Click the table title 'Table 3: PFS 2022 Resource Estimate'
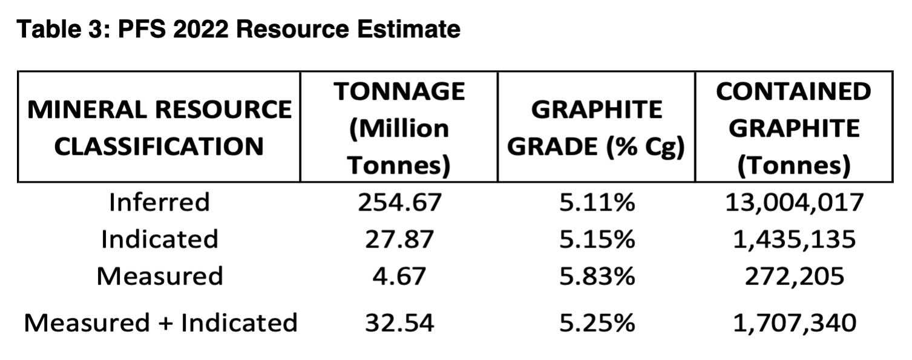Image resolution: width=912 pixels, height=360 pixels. coord(239,29)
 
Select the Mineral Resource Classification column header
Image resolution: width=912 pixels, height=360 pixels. coord(159,128)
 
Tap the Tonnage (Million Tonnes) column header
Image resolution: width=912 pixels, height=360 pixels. coord(399,128)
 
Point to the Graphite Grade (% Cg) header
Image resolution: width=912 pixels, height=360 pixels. coord(596,128)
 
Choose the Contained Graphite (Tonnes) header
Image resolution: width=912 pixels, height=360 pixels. coord(794,128)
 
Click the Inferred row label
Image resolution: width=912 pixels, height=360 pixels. coord(159,202)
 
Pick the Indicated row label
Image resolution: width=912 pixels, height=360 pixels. coord(159,239)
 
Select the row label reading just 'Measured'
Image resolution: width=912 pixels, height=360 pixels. coord(159,277)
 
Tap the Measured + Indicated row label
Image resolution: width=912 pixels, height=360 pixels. coord(160,322)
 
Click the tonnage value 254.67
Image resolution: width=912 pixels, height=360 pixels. coord(399,202)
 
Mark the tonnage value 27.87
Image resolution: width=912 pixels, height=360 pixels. coord(399,239)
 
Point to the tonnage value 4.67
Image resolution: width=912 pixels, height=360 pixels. coord(399,277)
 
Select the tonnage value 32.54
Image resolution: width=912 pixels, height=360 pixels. coord(399,322)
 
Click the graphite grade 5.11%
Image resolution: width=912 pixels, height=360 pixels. coord(596,202)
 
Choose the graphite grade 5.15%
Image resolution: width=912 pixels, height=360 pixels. coord(596,239)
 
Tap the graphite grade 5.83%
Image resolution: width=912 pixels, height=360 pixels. coord(596,277)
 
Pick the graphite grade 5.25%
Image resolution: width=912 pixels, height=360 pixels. coord(596,322)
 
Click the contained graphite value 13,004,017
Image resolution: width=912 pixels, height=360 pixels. coord(794,202)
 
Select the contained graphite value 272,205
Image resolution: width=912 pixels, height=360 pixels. coord(794,277)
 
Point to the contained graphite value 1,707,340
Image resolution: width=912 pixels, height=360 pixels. coord(794,322)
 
